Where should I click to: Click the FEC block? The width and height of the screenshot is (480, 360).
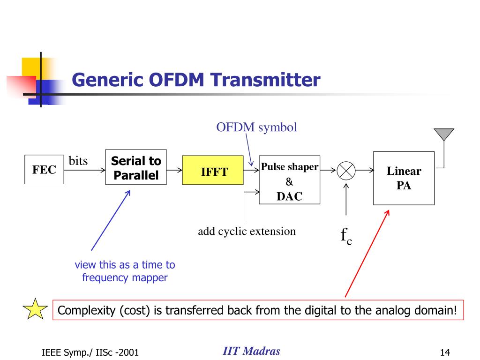44,170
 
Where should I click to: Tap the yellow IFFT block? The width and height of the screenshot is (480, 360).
212,172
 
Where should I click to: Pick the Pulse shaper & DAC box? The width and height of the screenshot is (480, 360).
289,180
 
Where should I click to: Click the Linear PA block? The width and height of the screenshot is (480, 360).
404,178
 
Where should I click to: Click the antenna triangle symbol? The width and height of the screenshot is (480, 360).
444,134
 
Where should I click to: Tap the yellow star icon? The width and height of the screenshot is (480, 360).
35,310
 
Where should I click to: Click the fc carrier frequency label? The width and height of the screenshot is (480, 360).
346,235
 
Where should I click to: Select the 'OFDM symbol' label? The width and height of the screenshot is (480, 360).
256,127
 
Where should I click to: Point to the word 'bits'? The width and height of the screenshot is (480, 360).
78,161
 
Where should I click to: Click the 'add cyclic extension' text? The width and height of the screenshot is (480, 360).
247,231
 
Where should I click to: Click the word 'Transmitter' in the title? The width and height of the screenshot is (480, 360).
264,80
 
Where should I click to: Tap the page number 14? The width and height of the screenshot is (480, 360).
445,352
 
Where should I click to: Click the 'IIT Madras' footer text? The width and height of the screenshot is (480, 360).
251,351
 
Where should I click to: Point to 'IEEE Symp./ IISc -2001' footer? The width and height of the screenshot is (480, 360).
90,352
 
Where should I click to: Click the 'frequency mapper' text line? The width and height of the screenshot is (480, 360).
125,277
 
